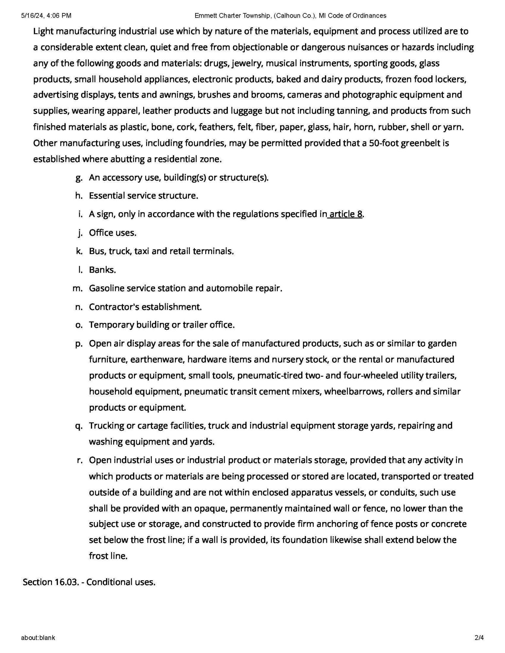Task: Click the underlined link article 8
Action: [346, 214]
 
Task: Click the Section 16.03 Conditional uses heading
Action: [89, 582]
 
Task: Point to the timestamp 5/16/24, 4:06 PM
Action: [46, 15]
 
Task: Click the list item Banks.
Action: [102, 270]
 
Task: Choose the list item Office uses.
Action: [112, 233]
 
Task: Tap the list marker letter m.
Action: [77, 288]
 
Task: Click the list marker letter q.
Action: [79, 426]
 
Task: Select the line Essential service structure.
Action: [143, 196]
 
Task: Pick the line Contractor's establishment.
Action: [145, 307]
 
